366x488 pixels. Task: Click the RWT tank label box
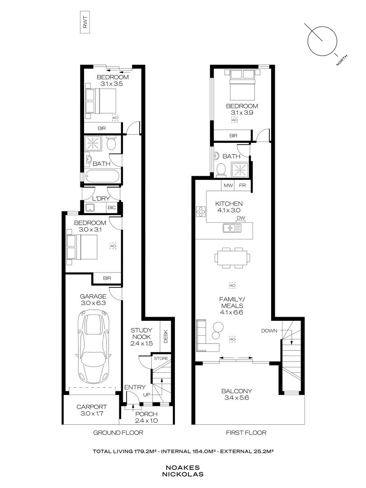(x=85, y=22)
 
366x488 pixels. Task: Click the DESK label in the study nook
(x=165, y=337)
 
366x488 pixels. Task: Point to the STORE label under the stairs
(x=161, y=358)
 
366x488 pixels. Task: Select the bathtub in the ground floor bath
(x=102, y=177)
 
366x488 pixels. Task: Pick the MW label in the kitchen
(x=228, y=186)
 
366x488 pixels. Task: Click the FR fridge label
(x=243, y=186)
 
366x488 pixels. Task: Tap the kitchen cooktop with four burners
(x=201, y=211)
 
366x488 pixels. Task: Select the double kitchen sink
(x=232, y=228)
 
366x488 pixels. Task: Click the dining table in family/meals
(x=232, y=258)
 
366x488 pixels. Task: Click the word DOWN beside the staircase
(x=269, y=331)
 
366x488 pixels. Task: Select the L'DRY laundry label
(x=101, y=198)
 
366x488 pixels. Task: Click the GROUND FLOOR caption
(x=118, y=432)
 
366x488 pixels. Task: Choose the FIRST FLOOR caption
(x=246, y=432)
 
